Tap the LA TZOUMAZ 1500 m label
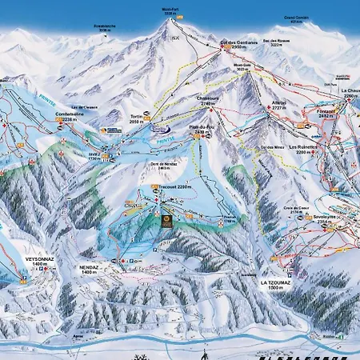tap(279, 285)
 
